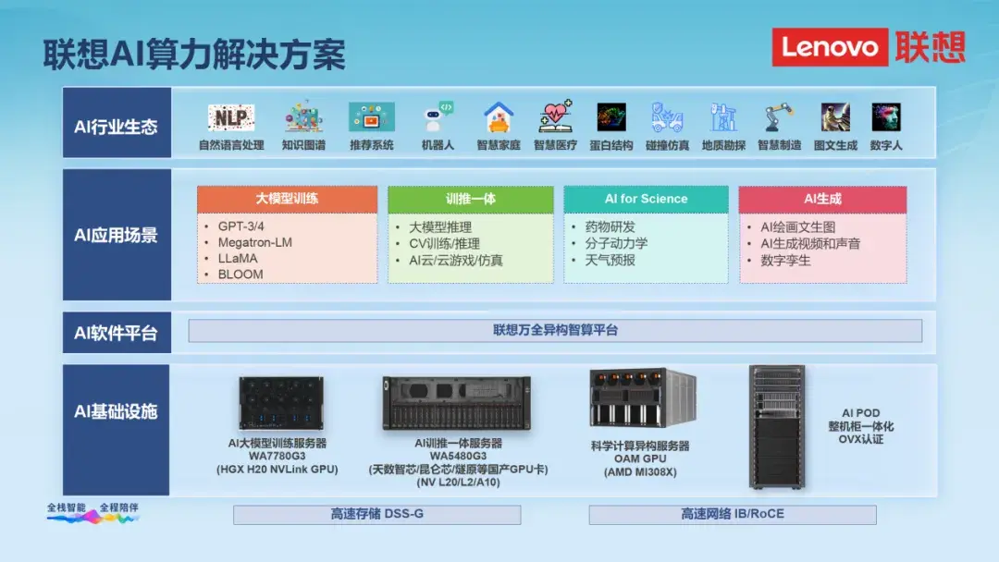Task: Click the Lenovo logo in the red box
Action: (x=829, y=46)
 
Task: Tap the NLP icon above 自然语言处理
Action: (x=230, y=117)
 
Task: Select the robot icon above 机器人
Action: (x=437, y=117)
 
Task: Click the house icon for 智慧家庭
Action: (x=499, y=117)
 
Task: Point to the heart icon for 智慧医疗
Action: (x=555, y=117)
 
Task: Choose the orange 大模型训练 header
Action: (x=287, y=199)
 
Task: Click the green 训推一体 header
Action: (x=470, y=199)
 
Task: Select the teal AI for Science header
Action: (x=646, y=199)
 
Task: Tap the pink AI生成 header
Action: (x=822, y=199)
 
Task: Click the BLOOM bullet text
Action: (x=240, y=275)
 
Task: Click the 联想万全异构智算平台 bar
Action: (x=555, y=330)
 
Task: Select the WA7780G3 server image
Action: (x=281, y=403)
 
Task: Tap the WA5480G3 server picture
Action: (x=457, y=404)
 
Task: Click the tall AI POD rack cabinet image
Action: (x=777, y=426)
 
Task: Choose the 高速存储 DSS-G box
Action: (x=376, y=514)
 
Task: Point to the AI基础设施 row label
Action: (x=117, y=411)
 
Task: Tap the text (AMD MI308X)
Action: (x=640, y=471)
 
